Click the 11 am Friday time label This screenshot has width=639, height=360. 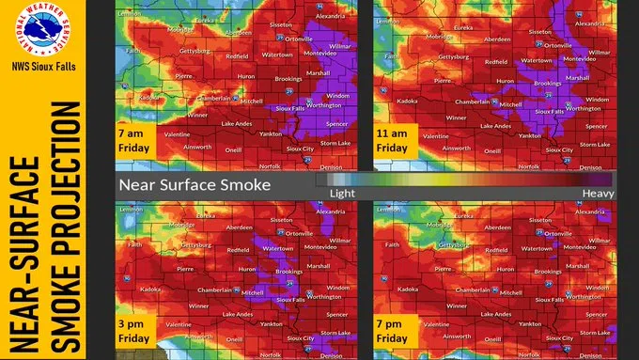[x=394, y=141]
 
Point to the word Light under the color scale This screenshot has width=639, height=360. [x=342, y=192]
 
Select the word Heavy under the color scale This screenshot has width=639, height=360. [x=599, y=192]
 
